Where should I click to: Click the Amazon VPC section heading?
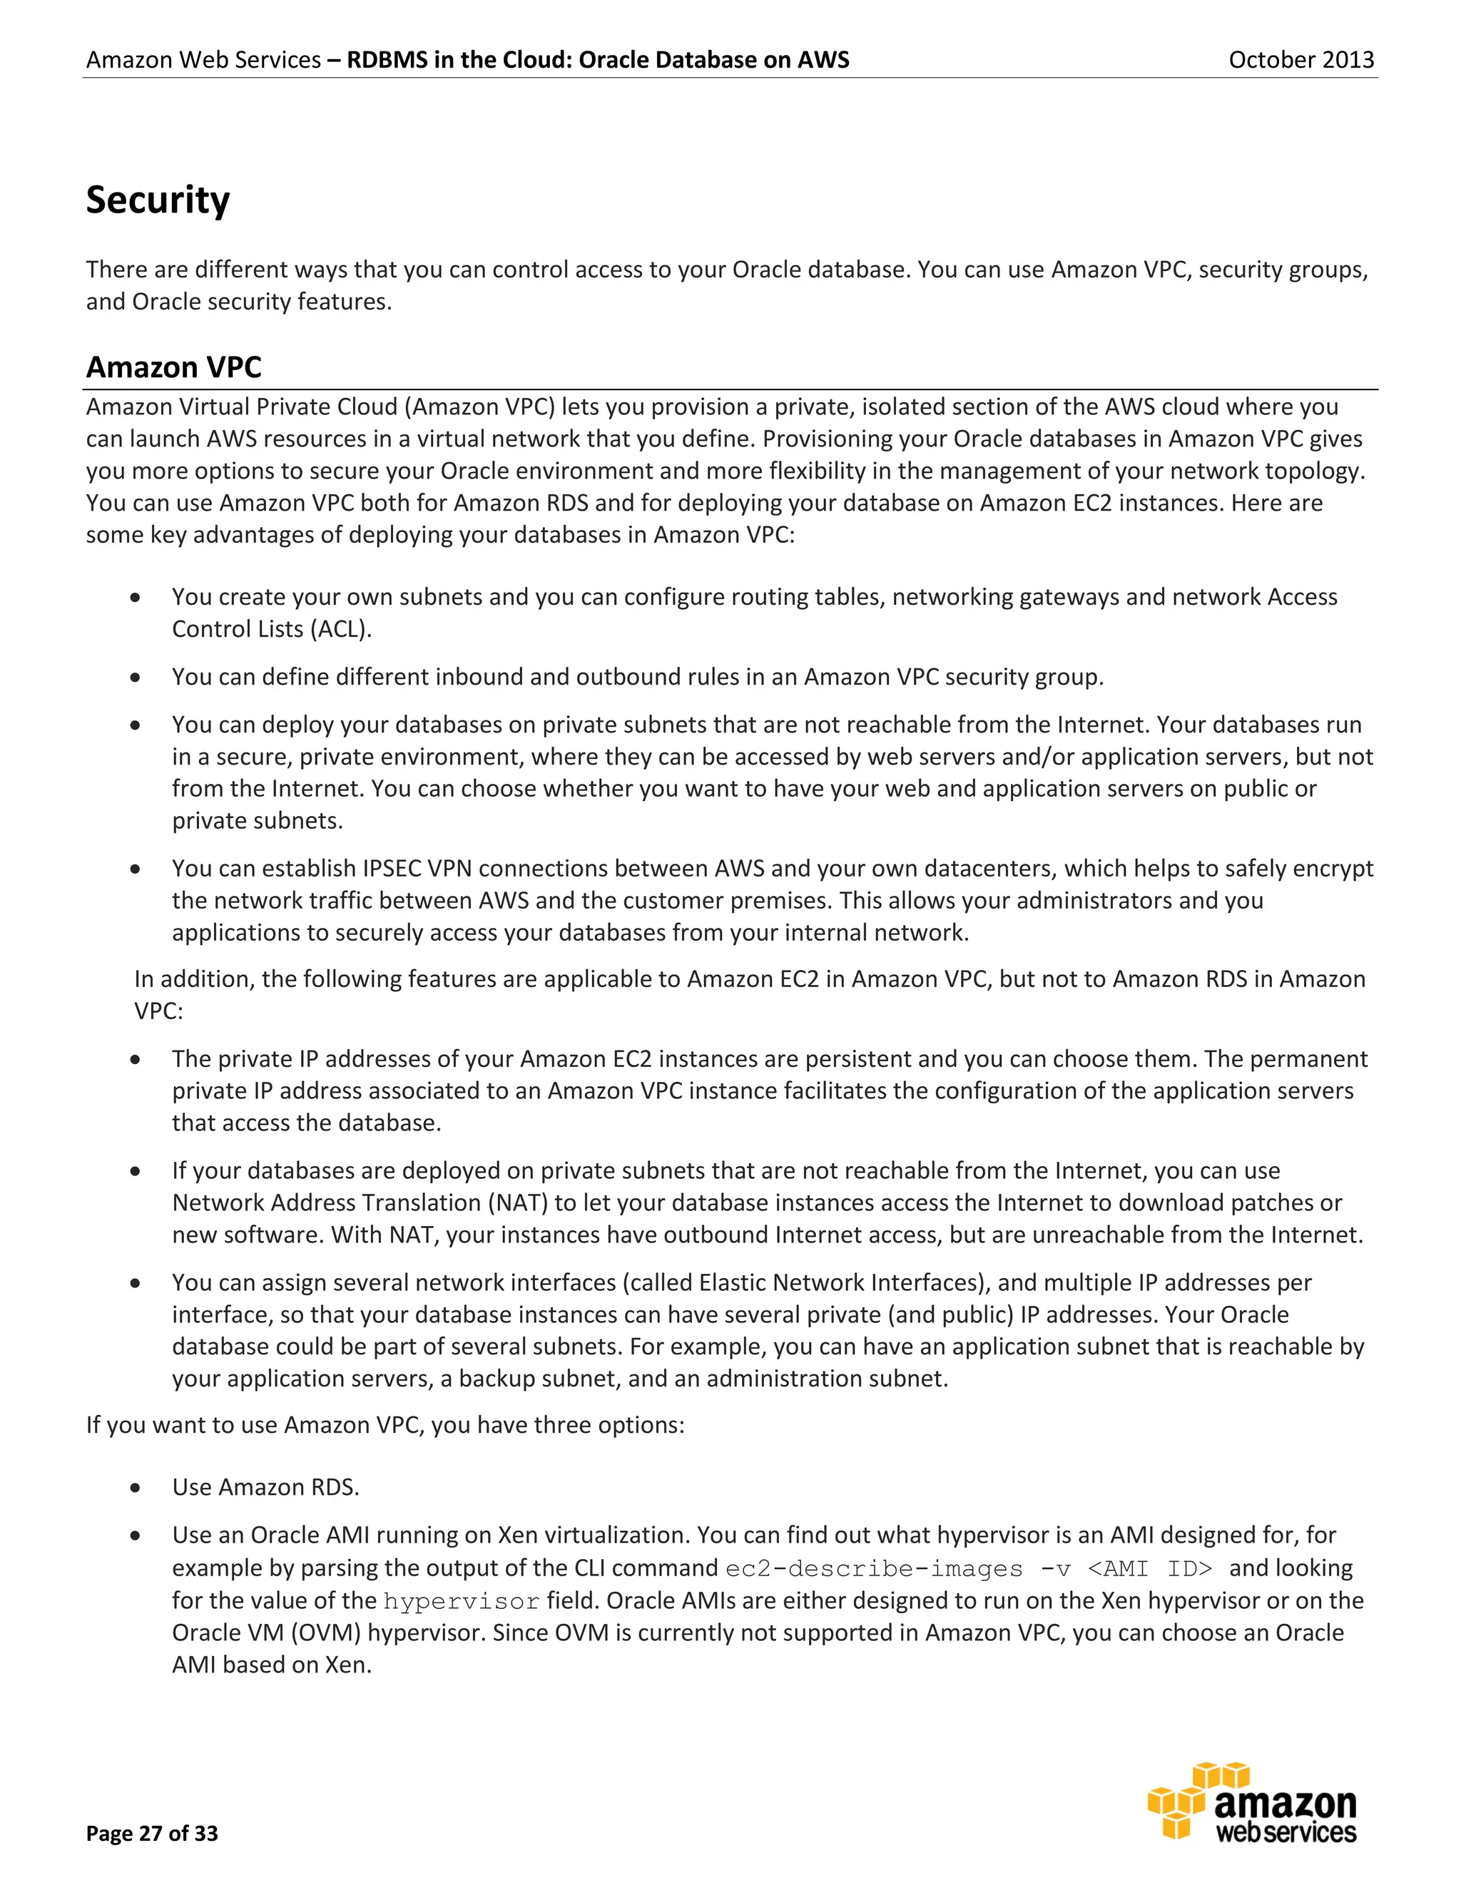pyautogui.click(x=173, y=367)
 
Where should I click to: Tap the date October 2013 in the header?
pyautogui.click(x=1301, y=60)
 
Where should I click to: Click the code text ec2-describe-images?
pyautogui.click(x=873, y=1569)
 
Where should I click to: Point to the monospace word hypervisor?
pyautogui.click(x=462, y=1601)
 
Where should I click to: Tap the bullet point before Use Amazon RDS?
pyautogui.click(x=135, y=1488)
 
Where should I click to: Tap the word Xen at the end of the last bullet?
pyautogui.click(x=347, y=1665)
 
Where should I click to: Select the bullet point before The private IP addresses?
pyautogui.click(x=135, y=1059)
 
